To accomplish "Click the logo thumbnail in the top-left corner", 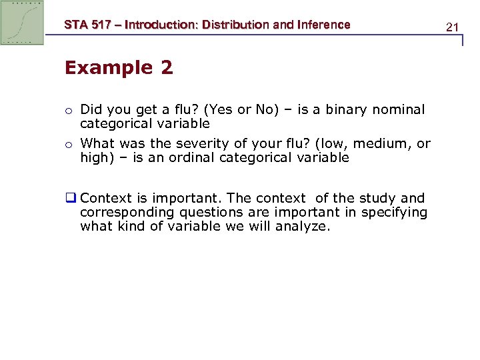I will click(22, 22).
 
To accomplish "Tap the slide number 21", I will click(453, 27).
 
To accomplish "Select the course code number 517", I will click(105, 25).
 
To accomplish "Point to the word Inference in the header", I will click(323, 25).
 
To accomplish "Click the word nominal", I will click(398, 109).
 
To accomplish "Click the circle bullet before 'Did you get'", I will click(68, 110).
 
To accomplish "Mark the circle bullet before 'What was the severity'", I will click(68, 144).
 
